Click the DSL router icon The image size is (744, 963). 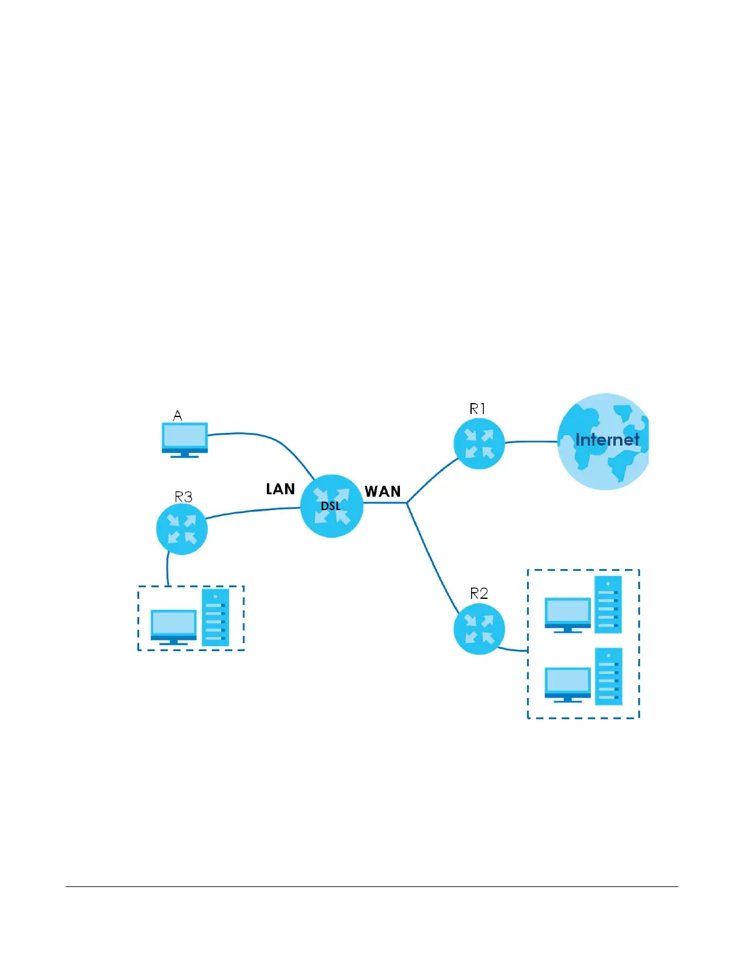332,506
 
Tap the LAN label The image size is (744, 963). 280,489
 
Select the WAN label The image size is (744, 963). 382,491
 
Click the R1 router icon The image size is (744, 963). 479,443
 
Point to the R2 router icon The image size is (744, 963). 479,629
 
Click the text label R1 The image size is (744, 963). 478,409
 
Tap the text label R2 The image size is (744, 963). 479,593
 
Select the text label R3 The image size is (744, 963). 183,497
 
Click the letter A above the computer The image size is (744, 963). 177,415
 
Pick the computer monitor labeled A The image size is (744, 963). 185,439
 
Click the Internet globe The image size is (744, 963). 603,441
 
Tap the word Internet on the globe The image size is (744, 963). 607,440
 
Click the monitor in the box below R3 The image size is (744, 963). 173,626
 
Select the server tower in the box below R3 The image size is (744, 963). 216,616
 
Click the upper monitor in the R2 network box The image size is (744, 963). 568,614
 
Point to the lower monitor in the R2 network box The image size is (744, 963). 568,684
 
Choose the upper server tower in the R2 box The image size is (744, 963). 608,604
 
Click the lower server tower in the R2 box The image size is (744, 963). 608,676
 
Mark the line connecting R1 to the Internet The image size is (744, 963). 531,442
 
